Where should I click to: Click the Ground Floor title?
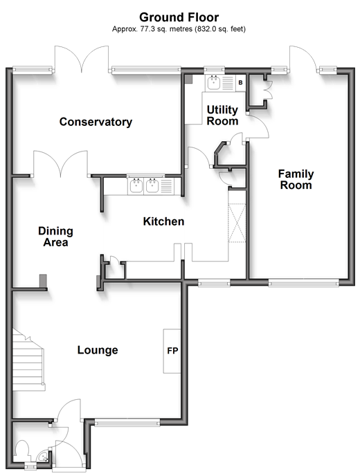click(x=179, y=17)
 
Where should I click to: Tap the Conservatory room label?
click(x=96, y=122)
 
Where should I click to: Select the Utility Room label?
click(x=222, y=116)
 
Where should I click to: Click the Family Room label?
click(x=296, y=179)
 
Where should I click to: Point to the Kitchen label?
click(x=164, y=221)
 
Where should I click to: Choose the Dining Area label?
click(x=55, y=237)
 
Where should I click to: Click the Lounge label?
click(x=98, y=350)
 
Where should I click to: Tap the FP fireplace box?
click(x=172, y=351)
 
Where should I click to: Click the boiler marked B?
click(x=241, y=82)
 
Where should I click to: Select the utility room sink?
click(x=214, y=82)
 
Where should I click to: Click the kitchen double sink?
click(x=144, y=186)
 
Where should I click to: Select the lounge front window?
click(x=127, y=422)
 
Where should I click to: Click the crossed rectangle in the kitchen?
click(x=237, y=223)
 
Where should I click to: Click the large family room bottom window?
click(x=304, y=283)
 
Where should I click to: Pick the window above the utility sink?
click(x=215, y=71)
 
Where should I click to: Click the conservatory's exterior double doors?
click(x=82, y=59)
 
